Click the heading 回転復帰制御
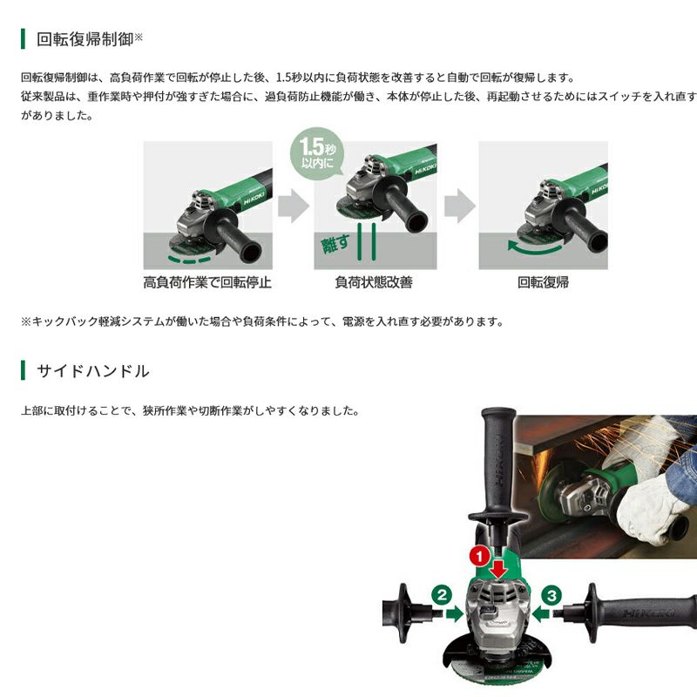85,39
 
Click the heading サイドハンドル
92,371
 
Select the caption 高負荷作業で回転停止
207,282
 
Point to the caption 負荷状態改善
374,282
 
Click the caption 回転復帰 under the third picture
543,282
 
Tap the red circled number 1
480,556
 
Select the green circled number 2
442,595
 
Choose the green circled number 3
552,595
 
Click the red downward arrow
499,568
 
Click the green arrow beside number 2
454,614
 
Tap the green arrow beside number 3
541,614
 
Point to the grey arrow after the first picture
294,206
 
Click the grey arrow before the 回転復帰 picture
460,206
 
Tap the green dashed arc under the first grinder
189,260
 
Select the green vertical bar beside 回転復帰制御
23,39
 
